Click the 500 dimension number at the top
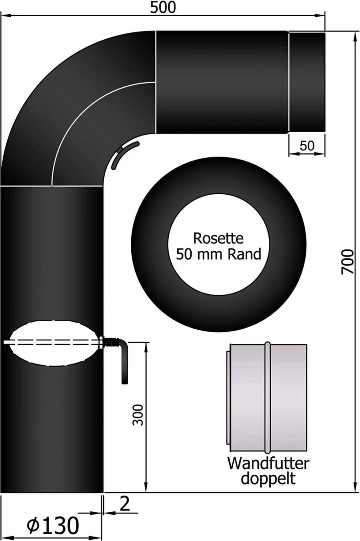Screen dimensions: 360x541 point(163,8)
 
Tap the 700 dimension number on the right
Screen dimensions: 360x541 point(347,262)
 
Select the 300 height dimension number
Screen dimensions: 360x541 point(138,415)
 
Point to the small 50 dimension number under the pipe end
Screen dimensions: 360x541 point(307,146)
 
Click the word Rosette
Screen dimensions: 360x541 point(218,238)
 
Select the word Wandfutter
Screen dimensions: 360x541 point(268,463)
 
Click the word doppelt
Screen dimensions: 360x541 point(268,479)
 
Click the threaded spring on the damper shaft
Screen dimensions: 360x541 point(111,343)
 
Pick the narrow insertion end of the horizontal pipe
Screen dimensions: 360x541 point(307,82)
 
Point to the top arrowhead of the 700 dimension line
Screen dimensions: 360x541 point(355,37)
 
